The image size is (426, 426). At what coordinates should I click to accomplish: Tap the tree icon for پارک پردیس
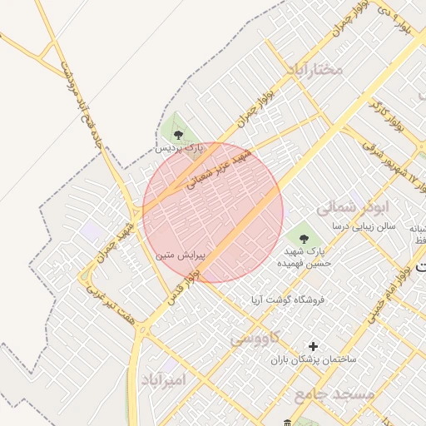pos(178,133)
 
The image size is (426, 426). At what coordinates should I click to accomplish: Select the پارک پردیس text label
pos(179,148)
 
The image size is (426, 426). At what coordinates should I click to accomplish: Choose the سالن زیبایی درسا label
pos(364,225)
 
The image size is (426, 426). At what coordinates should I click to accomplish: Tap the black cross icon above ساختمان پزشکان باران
pos(313,346)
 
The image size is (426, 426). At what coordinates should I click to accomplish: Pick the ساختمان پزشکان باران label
pos(313,360)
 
